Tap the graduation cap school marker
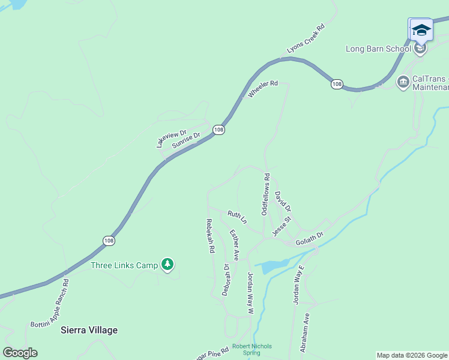coord(421,30)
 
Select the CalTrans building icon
coord(403,80)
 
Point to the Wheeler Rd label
coord(263,89)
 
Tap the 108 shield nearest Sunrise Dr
coord(218,130)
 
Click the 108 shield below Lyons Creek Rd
coord(337,85)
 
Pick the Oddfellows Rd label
coord(265,194)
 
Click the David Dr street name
coord(283,202)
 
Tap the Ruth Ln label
coord(237,217)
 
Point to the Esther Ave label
coord(234,245)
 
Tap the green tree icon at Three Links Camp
coord(168,265)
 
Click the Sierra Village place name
coord(89,330)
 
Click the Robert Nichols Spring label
coord(252,349)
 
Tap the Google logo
coord(20,353)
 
